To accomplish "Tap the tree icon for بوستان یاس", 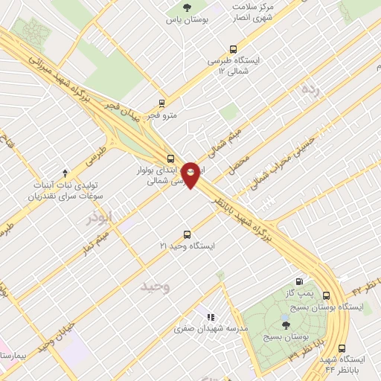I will point(185,8).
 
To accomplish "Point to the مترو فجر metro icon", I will point(161,103).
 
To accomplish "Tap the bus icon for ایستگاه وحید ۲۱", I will point(187,232).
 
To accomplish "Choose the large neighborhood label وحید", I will point(159,286).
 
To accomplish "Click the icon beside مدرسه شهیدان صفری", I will point(211,316).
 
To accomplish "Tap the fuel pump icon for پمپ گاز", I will point(299,281).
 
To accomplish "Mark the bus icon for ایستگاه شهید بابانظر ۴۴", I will point(342,348).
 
